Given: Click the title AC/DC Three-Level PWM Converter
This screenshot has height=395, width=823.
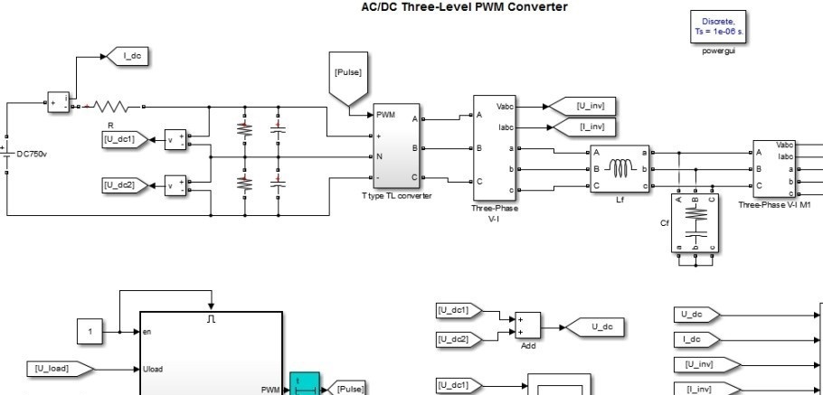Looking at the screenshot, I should click(464, 7).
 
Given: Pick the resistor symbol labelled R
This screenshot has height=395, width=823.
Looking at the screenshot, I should click(106, 106).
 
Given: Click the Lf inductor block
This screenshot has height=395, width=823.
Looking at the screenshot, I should click(620, 168).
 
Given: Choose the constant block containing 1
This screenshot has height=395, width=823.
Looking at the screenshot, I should click(90, 332).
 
